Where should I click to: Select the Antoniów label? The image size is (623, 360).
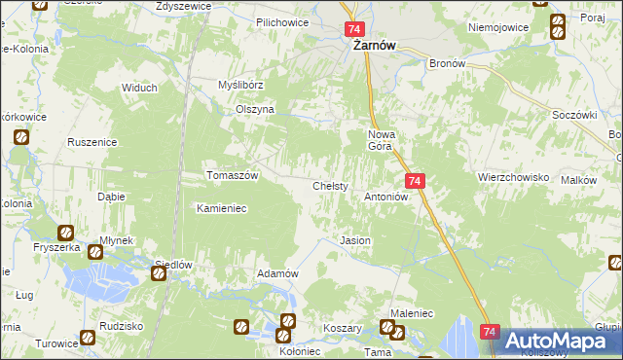pyautogui.click(x=385, y=196)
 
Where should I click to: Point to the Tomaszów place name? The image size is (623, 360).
pyautogui.click(x=232, y=176)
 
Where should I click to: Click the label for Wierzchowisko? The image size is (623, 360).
pyautogui.click(x=514, y=178)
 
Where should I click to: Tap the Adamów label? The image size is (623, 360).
pyautogui.click(x=276, y=274)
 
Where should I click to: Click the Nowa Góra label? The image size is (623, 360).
pyautogui.click(x=380, y=139)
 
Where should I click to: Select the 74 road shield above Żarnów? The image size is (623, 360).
pyautogui.click(x=354, y=31)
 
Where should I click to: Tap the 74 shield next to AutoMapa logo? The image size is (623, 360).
pyautogui.click(x=490, y=333)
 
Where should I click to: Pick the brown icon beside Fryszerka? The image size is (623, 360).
pyautogui.click(x=64, y=233)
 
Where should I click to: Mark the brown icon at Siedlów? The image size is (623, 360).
pyautogui.click(x=158, y=275)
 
